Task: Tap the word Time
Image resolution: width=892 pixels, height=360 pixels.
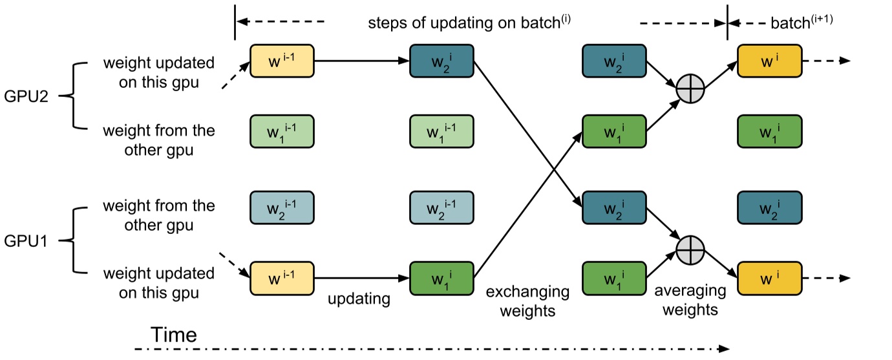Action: pyautogui.click(x=173, y=335)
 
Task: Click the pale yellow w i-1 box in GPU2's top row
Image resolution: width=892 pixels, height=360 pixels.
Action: pyautogui.click(x=282, y=61)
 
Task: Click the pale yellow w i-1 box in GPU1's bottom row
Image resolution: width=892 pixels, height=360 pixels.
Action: pyautogui.click(x=282, y=278)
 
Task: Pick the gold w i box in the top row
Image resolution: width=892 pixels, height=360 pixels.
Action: pyautogui.click(x=769, y=61)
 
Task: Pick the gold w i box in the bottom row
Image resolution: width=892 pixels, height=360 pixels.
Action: pyautogui.click(x=769, y=278)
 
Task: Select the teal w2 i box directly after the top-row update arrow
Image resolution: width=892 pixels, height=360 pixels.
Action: pyautogui.click(x=442, y=61)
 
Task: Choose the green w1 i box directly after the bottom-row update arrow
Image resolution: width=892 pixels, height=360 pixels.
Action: pyautogui.click(x=442, y=278)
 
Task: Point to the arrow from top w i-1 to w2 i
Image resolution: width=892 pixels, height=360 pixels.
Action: pyautogui.click(x=362, y=61)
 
